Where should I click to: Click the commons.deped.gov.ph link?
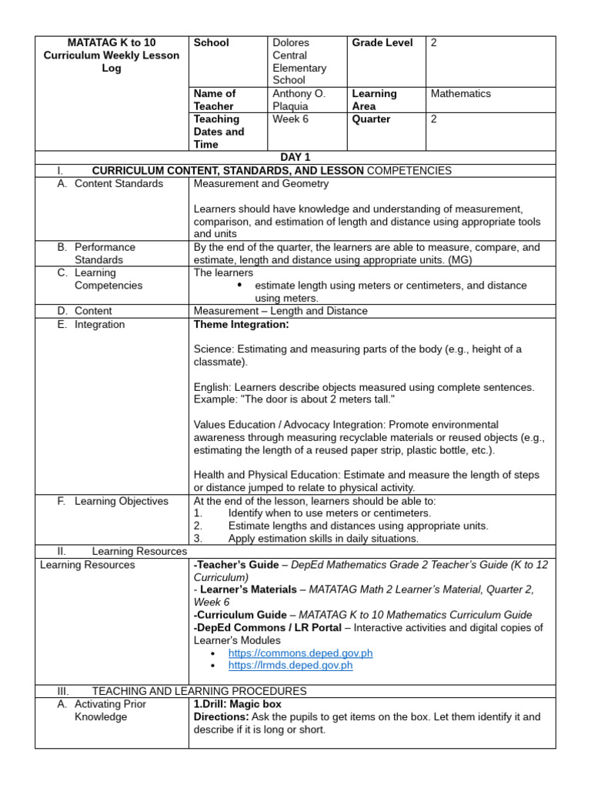[300, 653]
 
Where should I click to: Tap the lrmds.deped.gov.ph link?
[290, 665]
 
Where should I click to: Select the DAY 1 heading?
[295, 157]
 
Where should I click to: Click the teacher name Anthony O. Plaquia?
[299, 99]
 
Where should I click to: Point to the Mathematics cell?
[460, 93]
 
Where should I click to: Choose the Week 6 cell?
[290, 119]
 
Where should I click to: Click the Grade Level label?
[382, 43]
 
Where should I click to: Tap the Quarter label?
[371, 119]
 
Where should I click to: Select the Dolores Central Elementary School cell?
[299, 62]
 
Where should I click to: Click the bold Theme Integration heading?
[242, 325]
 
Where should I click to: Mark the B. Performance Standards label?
[105, 253]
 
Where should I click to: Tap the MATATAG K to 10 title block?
[112, 55]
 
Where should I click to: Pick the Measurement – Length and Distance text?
[281, 311]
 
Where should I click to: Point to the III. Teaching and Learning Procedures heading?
[199, 691]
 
